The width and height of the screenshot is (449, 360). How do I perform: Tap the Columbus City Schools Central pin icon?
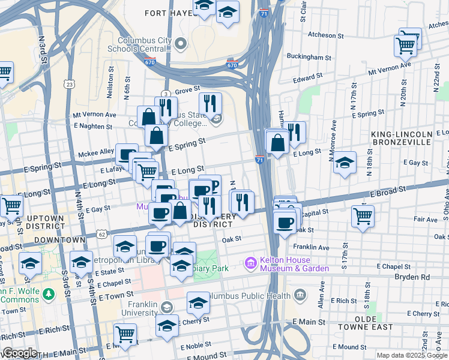point(181,43)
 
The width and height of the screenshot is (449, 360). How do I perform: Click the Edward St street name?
point(308,78)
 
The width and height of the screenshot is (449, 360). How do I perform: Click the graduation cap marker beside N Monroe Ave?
point(345,162)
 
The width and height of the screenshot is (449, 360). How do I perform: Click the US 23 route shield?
point(70,85)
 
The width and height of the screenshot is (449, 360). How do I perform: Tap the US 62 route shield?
point(102,234)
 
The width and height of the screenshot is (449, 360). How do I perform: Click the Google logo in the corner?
point(20,353)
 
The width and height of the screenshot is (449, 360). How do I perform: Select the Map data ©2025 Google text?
point(411,355)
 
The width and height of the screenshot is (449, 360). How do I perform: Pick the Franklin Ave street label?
point(311,247)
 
